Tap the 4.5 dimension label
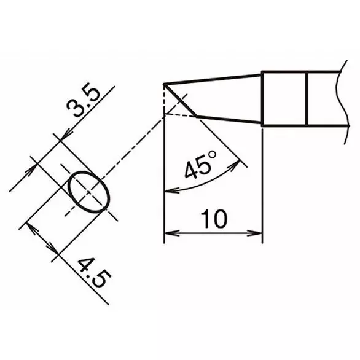[93, 275]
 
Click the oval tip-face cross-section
[88, 192]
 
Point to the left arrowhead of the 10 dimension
[170, 233]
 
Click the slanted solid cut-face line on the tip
[181, 100]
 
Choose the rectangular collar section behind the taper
[284, 99]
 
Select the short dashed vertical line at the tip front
[164, 100]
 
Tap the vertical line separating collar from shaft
[307, 99]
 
